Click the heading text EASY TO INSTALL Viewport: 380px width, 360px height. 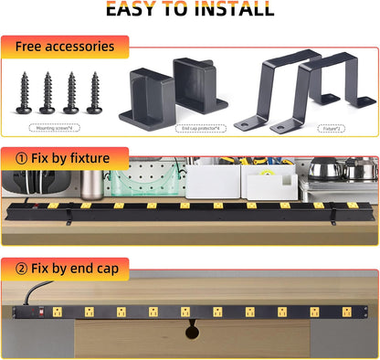pyautogui.click(x=189, y=10)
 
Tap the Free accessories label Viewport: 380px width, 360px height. pyautogui.click(x=64, y=46)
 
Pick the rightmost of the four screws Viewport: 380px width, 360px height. pyautogui.click(x=93, y=92)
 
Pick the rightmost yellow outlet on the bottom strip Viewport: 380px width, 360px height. pyautogui.click(x=349, y=312)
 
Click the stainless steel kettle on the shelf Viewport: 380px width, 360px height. pyautogui.click(x=324, y=169)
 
